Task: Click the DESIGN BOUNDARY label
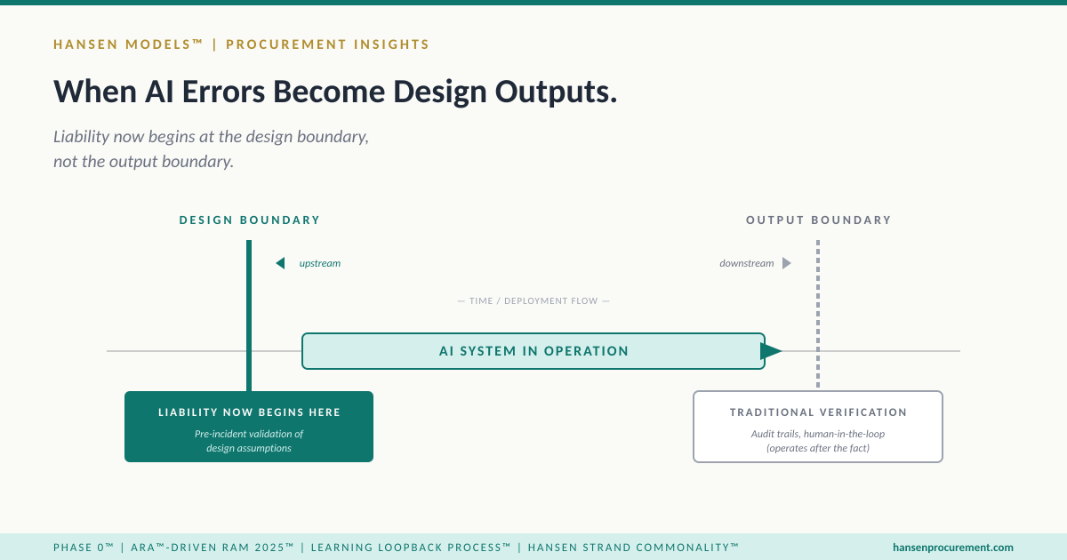[249, 220]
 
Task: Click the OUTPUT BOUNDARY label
[818, 220]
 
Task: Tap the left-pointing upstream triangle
[280, 263]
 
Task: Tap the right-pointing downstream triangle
[786, 263]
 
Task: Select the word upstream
[319, 264]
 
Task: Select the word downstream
[746, 264]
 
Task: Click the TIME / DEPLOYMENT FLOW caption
[533, 301]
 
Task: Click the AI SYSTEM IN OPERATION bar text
[533, 351]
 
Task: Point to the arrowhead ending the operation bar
[771, 351]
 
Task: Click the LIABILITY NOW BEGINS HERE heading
[249, 412]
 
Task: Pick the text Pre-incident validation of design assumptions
[249, 441]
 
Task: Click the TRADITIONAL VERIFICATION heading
[818, 412]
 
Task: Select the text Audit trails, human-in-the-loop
[818, 434]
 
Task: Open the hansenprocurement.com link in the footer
[952, 548]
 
